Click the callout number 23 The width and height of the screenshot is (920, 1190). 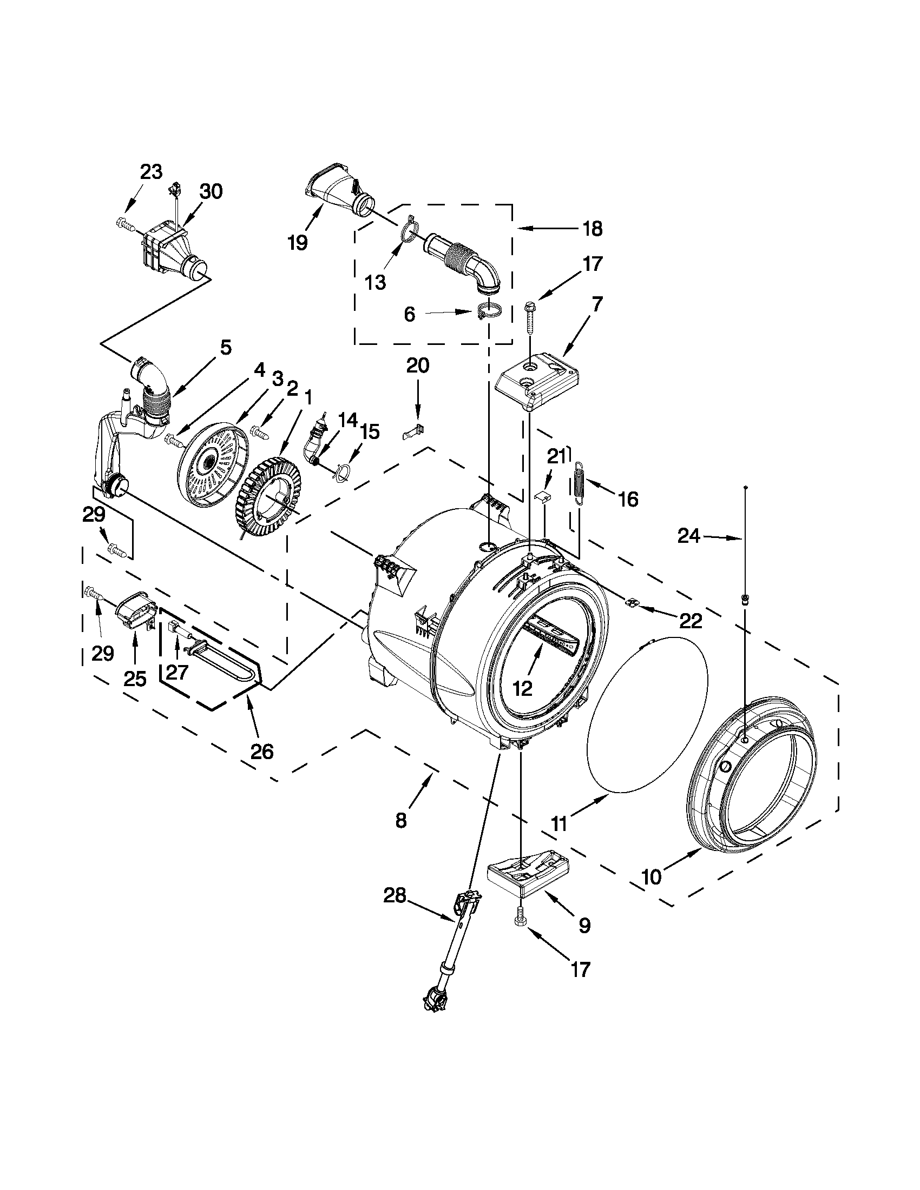tap(152, 171)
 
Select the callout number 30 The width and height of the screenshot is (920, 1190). tap(211, 191)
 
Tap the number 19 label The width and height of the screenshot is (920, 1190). tap(298, 243)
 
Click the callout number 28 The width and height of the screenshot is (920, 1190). tap(395, 896)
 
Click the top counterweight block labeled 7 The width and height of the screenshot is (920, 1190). tap(537, 387)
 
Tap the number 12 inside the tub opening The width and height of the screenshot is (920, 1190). tap(522, 689)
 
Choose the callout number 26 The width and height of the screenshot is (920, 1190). tap(261, 752)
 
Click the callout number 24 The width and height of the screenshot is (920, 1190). tap(688, 537)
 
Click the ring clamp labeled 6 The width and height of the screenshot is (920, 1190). tap(488, 314)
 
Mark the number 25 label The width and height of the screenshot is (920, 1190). tap(135, 679)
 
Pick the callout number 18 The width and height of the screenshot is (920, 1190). tap(593, 229)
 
